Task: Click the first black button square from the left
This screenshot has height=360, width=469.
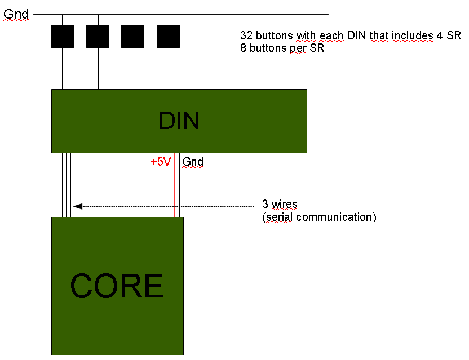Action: [62, 36]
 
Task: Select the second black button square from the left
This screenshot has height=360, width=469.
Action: [98, 36]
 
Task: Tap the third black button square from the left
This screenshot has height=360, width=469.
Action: [132, 36]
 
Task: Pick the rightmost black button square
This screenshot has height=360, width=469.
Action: [168, 36]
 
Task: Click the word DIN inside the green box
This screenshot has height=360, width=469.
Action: [179, 121]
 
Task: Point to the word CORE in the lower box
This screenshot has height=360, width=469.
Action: [117, 286]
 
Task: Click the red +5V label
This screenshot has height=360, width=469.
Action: [160, 162]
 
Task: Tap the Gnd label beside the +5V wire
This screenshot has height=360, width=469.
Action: [193, 162]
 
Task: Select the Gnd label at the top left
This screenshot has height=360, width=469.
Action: [16, 13]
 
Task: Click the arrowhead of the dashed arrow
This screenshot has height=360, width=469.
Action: [78, 206]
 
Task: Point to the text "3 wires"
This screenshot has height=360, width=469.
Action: [280, 204]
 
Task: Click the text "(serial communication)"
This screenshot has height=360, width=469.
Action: [319, 216]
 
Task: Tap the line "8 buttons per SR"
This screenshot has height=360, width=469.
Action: [283, 48]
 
